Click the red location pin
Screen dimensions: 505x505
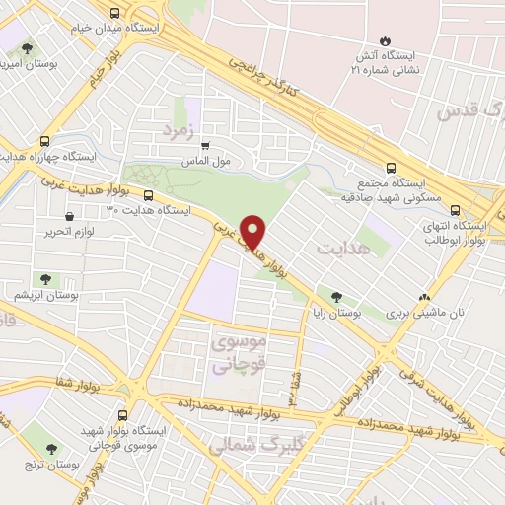254,231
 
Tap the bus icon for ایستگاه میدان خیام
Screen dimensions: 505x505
115,13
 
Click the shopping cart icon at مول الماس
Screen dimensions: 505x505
205,146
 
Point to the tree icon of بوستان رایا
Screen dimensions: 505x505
337,296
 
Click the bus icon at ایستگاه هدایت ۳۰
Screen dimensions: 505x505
149,195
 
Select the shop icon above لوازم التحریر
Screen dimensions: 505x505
69,216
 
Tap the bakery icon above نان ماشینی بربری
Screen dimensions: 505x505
425,296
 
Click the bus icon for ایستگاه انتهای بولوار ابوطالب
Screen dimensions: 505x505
456,209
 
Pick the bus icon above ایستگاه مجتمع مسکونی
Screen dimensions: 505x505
391,168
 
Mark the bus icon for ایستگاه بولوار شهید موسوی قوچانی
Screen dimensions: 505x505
122,415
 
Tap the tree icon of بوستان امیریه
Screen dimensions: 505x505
27,47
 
